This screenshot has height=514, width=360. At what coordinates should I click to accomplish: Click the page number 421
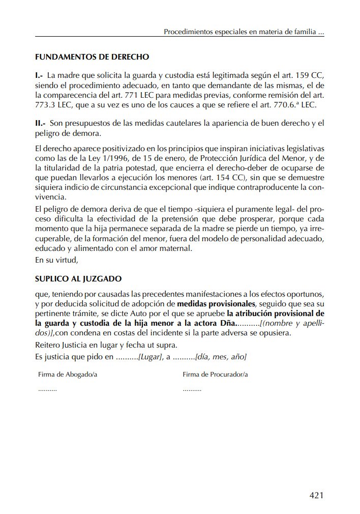(x=316, y=495)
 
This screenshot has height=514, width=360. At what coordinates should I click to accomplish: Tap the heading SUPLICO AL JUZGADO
(x=78, y=279)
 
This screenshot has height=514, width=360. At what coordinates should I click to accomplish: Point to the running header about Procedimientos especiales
(x=244, y=32)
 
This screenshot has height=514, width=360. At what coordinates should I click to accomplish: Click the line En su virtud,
(x=56, y=260)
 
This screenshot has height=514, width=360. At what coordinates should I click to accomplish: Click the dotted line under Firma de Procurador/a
(x=192, y=389)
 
